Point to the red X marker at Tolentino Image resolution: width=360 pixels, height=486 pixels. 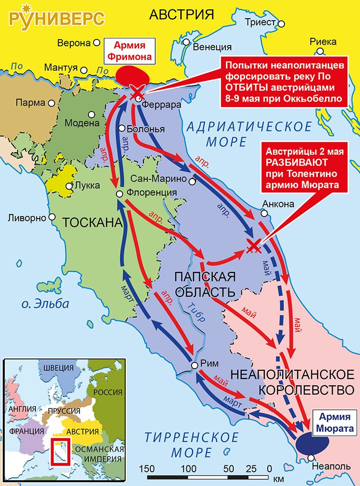[253, 247]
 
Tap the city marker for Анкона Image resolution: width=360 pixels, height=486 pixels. [263, 214]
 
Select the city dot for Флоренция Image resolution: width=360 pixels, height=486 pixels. [119, 194]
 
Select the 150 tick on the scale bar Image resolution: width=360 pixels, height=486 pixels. [148, 467]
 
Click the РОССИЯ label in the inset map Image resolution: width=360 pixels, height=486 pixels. [108, 392]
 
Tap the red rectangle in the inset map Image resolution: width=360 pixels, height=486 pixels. [62, 450]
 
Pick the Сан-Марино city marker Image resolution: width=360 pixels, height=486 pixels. [192, 182]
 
